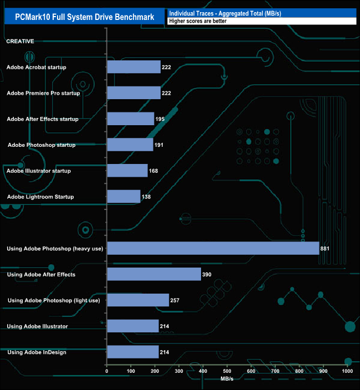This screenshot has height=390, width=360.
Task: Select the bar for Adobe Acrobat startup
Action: (x=133, y=67)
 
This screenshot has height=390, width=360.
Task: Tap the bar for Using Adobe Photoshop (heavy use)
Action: (x=213, y=248)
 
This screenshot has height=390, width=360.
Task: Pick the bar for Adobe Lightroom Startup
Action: (x=124, y=197)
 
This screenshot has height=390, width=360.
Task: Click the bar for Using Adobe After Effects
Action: (x=154, y=274)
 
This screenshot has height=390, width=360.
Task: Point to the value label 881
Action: (x=325, y=248)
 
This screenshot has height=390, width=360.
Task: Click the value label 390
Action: (x=207, y=274)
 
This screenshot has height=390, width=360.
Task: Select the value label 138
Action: (x=146, y=197)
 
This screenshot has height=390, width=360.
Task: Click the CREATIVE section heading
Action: (x=20, y=42)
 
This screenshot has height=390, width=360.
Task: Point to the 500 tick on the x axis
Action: (x=227, y=371)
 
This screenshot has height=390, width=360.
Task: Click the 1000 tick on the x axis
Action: (x=347, y=371)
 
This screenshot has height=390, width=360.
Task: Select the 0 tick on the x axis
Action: (x=107, y=371)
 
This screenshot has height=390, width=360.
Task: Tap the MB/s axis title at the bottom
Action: (x=228, y=379)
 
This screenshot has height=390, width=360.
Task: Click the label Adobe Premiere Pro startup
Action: (x=43, y=93)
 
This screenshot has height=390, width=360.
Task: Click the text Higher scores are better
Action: (x=198, y=21)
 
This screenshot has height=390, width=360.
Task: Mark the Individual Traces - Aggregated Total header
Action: (x=225, y=13)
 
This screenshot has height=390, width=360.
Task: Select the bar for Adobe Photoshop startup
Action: (x=130, y=145)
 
